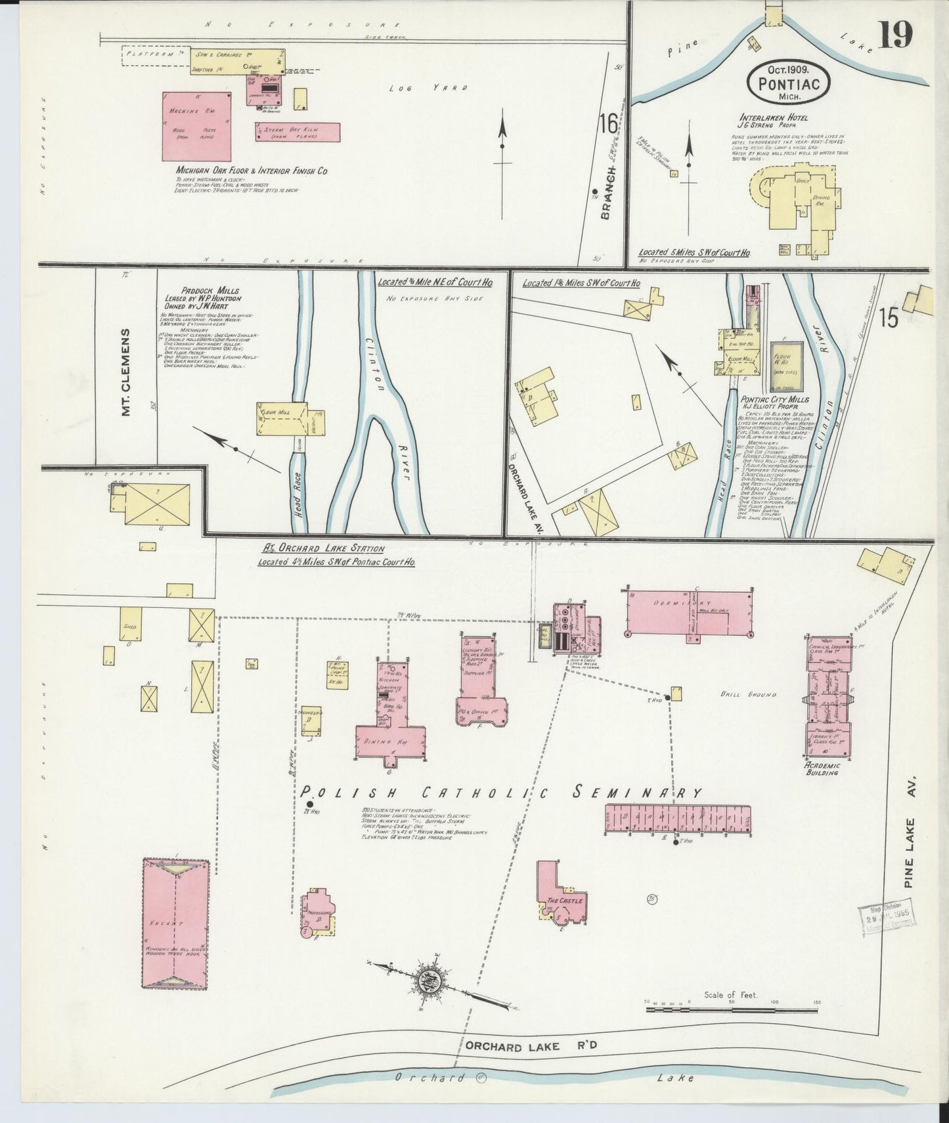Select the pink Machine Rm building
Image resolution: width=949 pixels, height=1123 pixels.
tap(197, 126)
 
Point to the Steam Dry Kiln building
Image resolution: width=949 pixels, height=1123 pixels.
tap(298, 132)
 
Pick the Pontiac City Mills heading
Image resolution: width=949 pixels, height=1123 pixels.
tap(774, 399)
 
